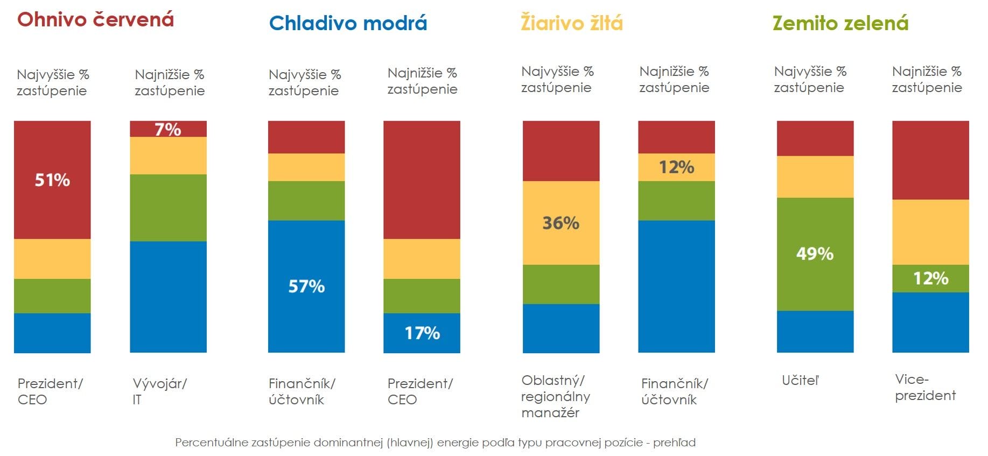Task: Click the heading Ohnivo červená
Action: pyautogui.click(x=96, y=20)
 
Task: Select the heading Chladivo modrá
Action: pyautogui.click(x=348, y=23)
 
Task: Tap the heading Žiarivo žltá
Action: pyautogui.click(x=571, y=23)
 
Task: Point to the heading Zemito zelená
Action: pyautogui.click(x=840, y=23)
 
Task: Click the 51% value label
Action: pyautogui.click(x=52, y=180)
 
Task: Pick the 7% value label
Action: pyautogui.click(x=168, y=129)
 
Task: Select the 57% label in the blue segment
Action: pyautogui.click(x=306, y=286)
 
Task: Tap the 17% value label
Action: pyautogui.click(x=422, y=333)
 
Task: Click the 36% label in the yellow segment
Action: pyautogui.click(x=560, y=223)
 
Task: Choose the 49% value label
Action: pyautogui.click(x=815, y=254)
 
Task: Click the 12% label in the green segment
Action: pyautogui.click(x=930, y=278)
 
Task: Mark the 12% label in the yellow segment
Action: pyautogui.click(x=676, y=167)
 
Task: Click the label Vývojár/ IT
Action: pyautogui.click(x=159, y=391)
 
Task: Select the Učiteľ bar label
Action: pyautogui.click(x=800, y=381)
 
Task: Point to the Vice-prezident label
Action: pyautogui.click(x=924, y=388)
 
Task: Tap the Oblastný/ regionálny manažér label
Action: pyautogui.click(x=555, y=397)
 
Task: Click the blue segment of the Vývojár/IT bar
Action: pyautogui.click(x=168, y=297)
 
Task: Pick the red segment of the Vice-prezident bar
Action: pyautogui.click(x=930, y=160)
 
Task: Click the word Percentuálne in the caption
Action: pyautogui.click(x=210, y=443)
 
